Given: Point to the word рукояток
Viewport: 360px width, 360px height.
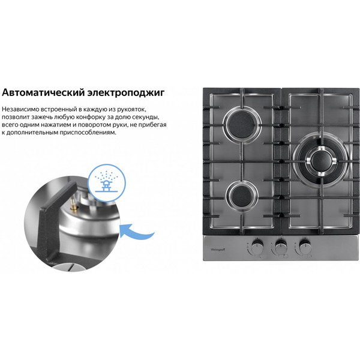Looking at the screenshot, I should point(143,109).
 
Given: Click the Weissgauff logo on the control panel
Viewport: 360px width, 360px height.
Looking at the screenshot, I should point(218,247).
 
